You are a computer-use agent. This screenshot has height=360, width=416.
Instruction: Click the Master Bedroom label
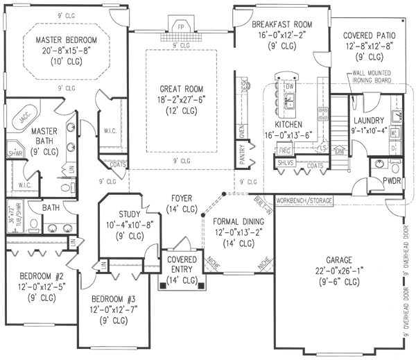click(x=67, y=40)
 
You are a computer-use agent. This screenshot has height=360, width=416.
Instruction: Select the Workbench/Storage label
click(x=304, y=200)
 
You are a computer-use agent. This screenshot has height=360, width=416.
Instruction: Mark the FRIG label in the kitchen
click(x=283, y=150)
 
